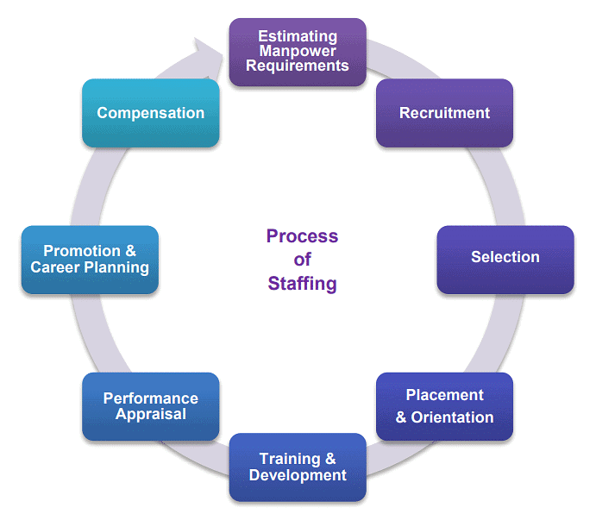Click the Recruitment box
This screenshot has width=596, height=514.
(444, 113)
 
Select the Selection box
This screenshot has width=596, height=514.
(505, 258)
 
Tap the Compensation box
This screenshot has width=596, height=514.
(150, 113)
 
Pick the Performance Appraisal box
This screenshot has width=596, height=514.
(150, 406)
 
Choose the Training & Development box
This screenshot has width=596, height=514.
(298, 467)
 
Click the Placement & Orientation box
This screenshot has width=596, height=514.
(444, 406)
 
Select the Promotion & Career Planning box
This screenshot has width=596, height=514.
(90, 260)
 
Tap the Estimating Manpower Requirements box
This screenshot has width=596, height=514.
(298, 52)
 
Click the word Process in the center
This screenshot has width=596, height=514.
(302, 236)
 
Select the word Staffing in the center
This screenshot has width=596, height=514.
(302, 284)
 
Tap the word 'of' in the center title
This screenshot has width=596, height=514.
(302, 260)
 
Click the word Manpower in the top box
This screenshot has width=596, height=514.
(298, 52)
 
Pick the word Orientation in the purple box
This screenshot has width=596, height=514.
(454, 417)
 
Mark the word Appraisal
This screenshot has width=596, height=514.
(150, 414)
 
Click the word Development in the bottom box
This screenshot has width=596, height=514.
(298, 475)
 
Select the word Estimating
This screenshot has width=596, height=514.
(298, 37)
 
